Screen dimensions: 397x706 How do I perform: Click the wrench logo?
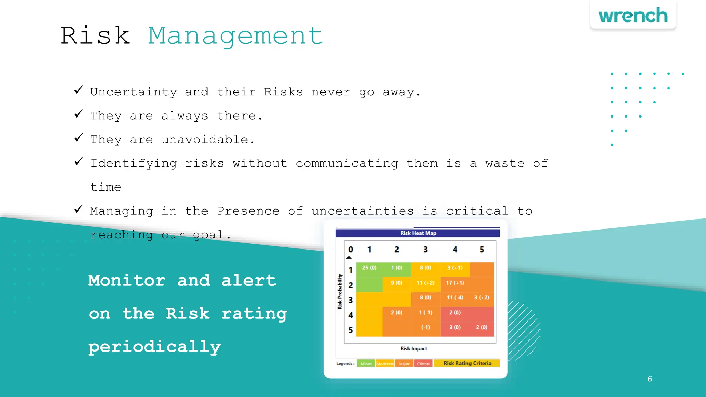(x=633, y=16)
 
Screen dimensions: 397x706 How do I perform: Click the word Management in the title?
(x=236, y=36)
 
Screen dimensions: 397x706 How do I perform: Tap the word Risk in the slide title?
(x=95, y=35)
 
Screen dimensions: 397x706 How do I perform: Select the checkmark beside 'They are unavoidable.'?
(x=79, y=138)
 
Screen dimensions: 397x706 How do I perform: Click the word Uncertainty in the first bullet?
(x=133, y=92)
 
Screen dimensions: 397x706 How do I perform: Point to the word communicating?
(x=347, y=163)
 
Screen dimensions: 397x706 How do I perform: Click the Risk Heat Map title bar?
(x=418, y=233)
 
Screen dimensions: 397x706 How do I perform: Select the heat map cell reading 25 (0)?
(x=369, y=268)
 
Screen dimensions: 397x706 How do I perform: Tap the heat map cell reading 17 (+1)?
(x=455, y=283)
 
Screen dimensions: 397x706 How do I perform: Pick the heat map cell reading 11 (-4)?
(x=455, y=297)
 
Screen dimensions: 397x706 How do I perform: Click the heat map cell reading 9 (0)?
(x=396, y=283)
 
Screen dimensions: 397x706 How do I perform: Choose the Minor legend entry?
(x=366, y=364)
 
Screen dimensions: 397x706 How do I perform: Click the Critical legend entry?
(x=423, y=364)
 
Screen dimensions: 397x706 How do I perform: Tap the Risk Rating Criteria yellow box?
(x=467, y=363)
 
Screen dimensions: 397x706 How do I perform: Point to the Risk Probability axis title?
(x=340, y=292)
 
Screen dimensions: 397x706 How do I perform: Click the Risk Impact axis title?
(x=414, y=348)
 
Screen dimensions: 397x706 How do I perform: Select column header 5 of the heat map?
(x=482, y=250)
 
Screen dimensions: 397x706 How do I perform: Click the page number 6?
(x=650, y=379)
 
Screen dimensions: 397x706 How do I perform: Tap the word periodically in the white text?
(x=154, y=347)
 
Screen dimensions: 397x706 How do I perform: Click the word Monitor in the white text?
(x=127, y=280)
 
